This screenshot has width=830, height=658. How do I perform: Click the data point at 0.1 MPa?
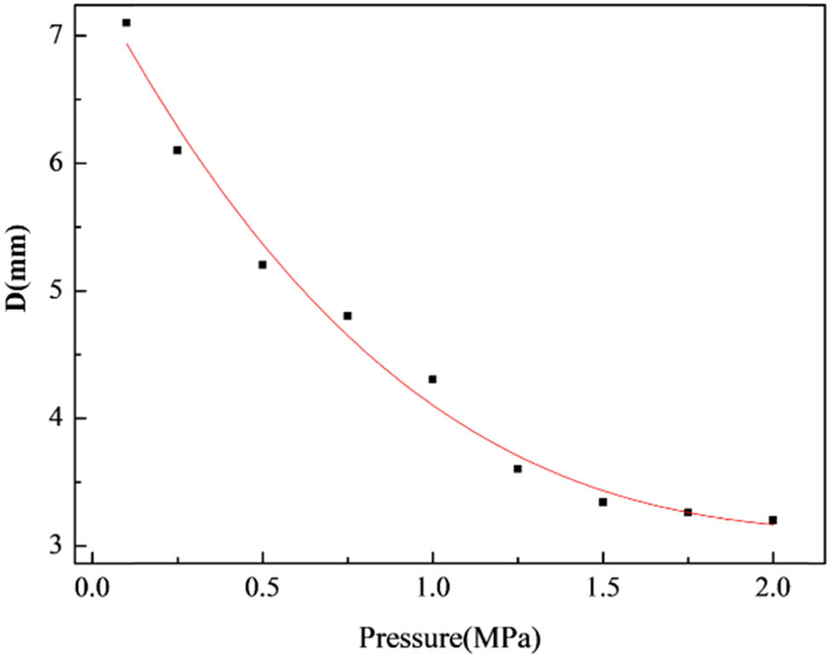126,23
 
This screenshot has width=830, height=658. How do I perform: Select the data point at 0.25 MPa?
177,150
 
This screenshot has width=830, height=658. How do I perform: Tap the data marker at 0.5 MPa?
262,265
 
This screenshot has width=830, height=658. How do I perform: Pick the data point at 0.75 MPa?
347,316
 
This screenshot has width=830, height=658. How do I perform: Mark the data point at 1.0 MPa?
432,379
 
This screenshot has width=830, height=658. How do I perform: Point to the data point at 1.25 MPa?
518,469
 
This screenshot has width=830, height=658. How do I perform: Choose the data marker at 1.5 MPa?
603,502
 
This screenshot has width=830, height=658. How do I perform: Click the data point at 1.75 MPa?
688,512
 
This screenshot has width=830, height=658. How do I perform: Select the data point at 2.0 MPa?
773,520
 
